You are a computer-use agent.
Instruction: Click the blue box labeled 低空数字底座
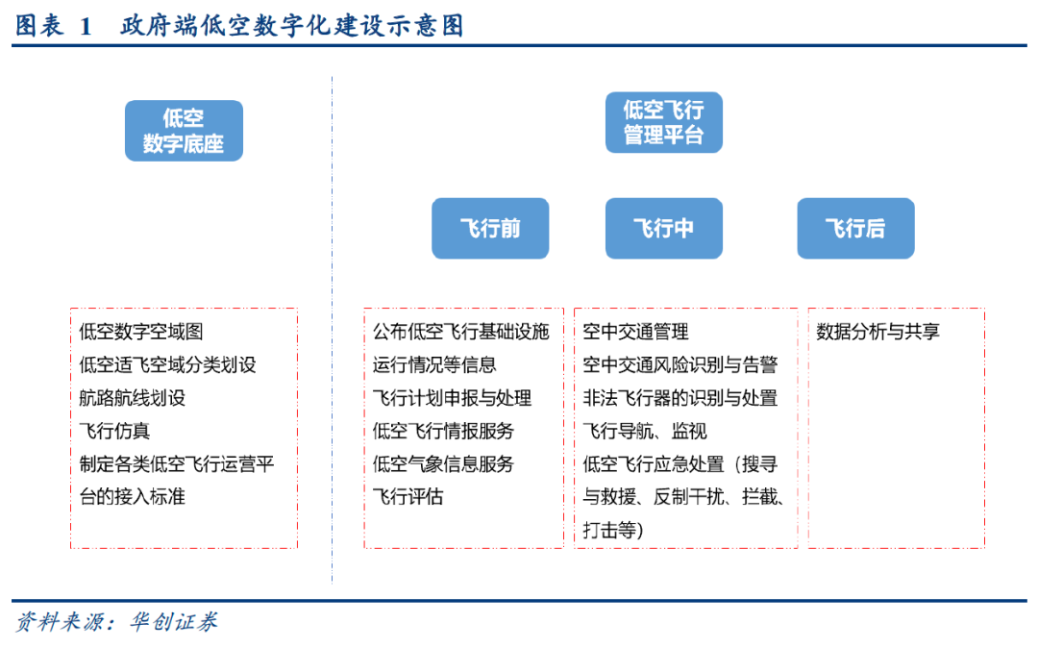[x=184, y=131]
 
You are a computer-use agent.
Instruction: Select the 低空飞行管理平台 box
[x=664, y=122]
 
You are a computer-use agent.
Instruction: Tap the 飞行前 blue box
[x=490, y=229]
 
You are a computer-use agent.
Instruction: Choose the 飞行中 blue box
[x=664, y=229]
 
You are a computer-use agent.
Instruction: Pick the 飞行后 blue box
[x=856, y=229]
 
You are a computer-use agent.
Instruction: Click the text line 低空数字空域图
[x=141, y=332]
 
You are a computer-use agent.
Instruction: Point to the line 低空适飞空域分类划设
[x=167, y=364]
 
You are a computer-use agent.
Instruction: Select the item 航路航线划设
[x=133, y=398]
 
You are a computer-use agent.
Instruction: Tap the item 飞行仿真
[x=114, y=431]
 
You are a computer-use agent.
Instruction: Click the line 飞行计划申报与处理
[x=452, y=398]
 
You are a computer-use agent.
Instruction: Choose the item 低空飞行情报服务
[x=443, y=431]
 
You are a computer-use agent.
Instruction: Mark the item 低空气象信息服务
[x=443, y=464]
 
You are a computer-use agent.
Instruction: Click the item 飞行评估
[x=408, y=496]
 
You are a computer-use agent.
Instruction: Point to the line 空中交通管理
[x=635, y=332]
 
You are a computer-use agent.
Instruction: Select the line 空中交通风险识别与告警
[x=680, y=364]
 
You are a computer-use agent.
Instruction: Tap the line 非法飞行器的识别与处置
[x=680, y=398]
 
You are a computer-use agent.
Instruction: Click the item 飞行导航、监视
[x=645, y=431]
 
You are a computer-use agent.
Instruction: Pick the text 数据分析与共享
[x=877, y=332]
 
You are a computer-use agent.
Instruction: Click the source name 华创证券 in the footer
[x=173, y=621]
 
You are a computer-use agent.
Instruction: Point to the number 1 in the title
[x=86, y=27]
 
